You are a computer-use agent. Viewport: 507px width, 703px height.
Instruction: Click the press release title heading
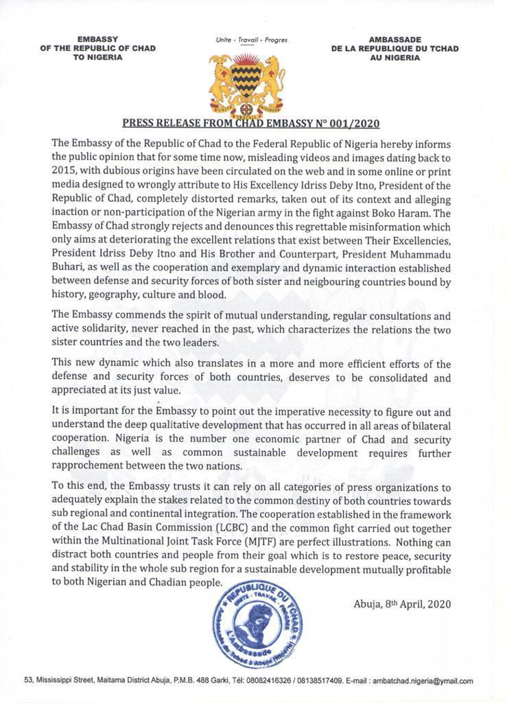tap(250, 124)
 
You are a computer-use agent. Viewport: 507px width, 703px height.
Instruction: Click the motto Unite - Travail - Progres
tap(251, 41)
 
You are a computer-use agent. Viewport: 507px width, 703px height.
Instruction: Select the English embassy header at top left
tap(97, 49)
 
